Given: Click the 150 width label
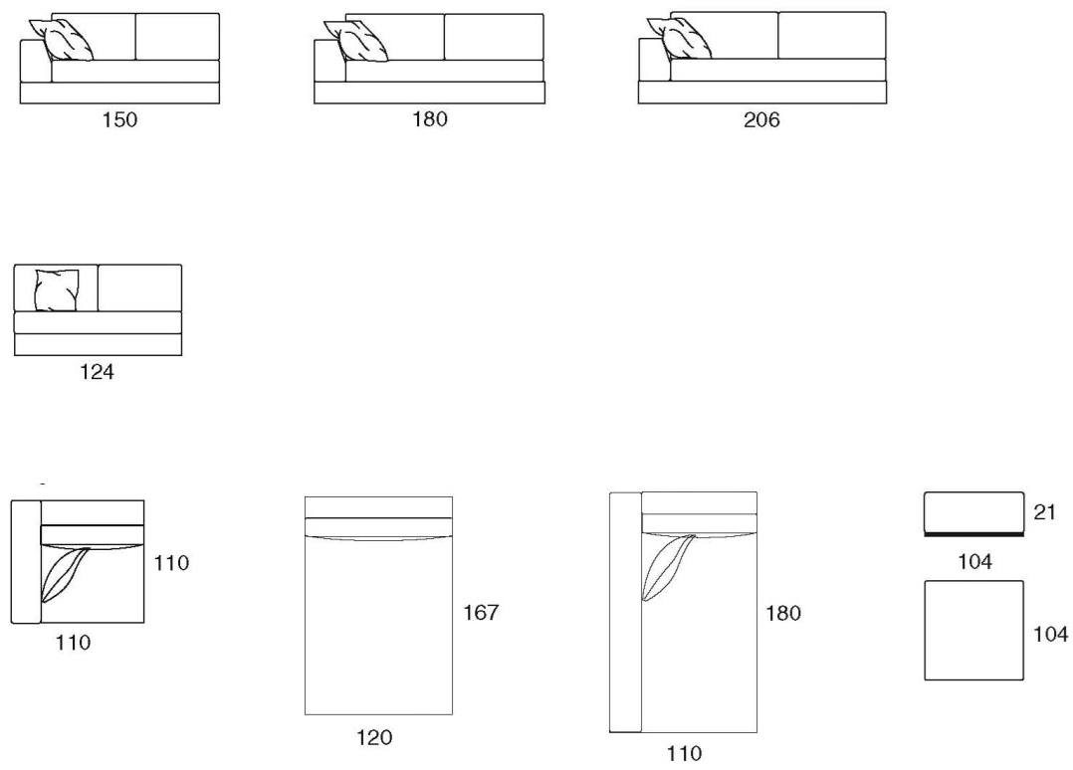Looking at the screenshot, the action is [119, 119].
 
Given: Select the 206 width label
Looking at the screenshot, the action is [761, 120].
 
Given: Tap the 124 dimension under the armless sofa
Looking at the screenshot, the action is [97, 372].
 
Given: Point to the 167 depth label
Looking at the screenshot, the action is [481, 612].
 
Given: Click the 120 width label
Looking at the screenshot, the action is [374, 737].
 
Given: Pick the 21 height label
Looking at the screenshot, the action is [1044, 512].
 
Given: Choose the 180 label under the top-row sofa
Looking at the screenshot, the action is [430, 119].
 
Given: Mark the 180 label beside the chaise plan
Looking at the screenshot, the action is [783, 613].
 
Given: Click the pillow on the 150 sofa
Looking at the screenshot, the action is [62, 40].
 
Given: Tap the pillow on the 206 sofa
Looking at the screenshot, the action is [680, 38].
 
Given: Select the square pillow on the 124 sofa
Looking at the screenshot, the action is [56, 290].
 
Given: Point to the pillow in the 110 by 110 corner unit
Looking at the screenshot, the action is [65, 575].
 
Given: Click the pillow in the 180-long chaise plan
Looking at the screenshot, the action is [668, 568].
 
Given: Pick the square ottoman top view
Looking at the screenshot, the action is [973, 631].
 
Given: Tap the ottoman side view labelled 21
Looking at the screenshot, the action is [973, 513].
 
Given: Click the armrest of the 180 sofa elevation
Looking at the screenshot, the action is [329, 61].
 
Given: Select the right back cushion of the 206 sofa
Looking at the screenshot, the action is [832, 36].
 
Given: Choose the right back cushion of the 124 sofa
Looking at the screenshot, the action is [139, 288].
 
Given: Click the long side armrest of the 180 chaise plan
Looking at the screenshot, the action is [625, 612].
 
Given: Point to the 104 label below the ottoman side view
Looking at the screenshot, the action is [974, 561].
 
